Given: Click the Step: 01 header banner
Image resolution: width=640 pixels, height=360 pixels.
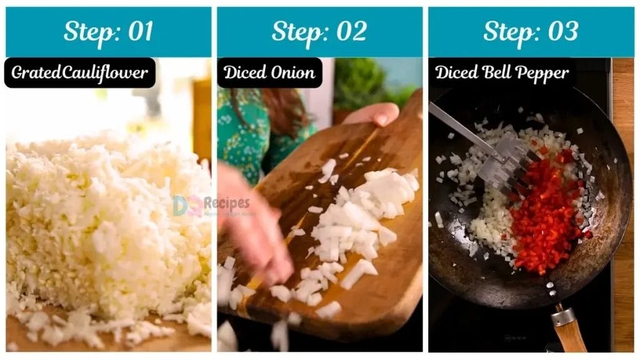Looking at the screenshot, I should pos(108,32).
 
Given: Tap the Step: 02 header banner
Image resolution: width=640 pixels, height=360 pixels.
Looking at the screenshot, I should pos(319,32).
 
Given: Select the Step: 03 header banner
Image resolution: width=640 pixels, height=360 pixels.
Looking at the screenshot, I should pos(531,32).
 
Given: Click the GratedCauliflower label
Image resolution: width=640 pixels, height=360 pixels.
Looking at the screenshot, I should pos(80,73).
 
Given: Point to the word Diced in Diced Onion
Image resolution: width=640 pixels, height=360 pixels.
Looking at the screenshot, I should pos(244,73).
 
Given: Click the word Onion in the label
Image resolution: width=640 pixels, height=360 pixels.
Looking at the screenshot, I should pos(292,73).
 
